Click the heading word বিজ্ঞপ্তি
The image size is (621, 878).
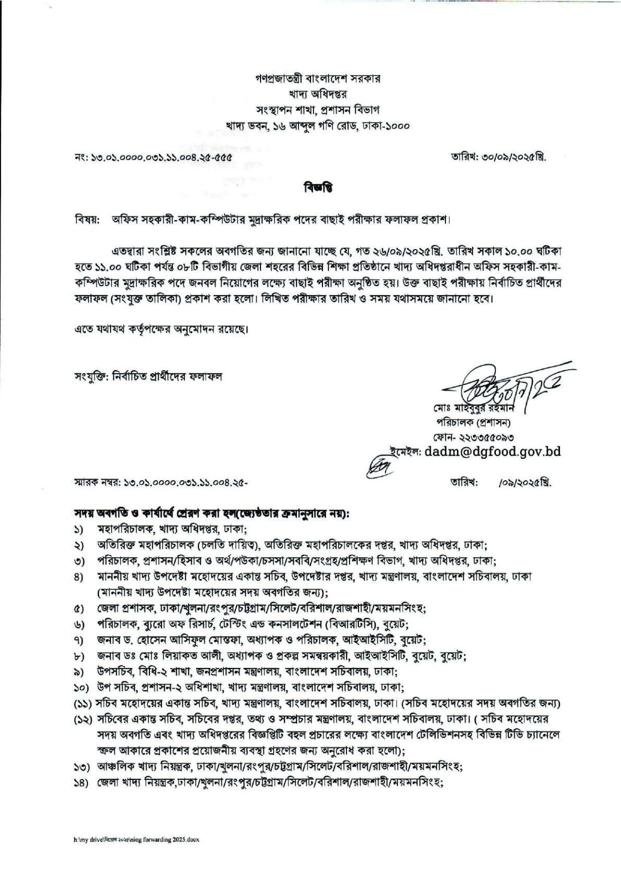pyautogui.click(x=317, y=187)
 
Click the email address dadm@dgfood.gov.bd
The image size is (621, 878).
pyautogui.click(x=492, y=452)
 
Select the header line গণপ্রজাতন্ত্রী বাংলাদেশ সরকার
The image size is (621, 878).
pyautogui.click(x=318, y=79)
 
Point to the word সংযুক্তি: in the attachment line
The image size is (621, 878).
pyautogui.click(x=92, y=377)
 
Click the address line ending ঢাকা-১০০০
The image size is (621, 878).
pyautogui.click(x=318, y=126)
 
